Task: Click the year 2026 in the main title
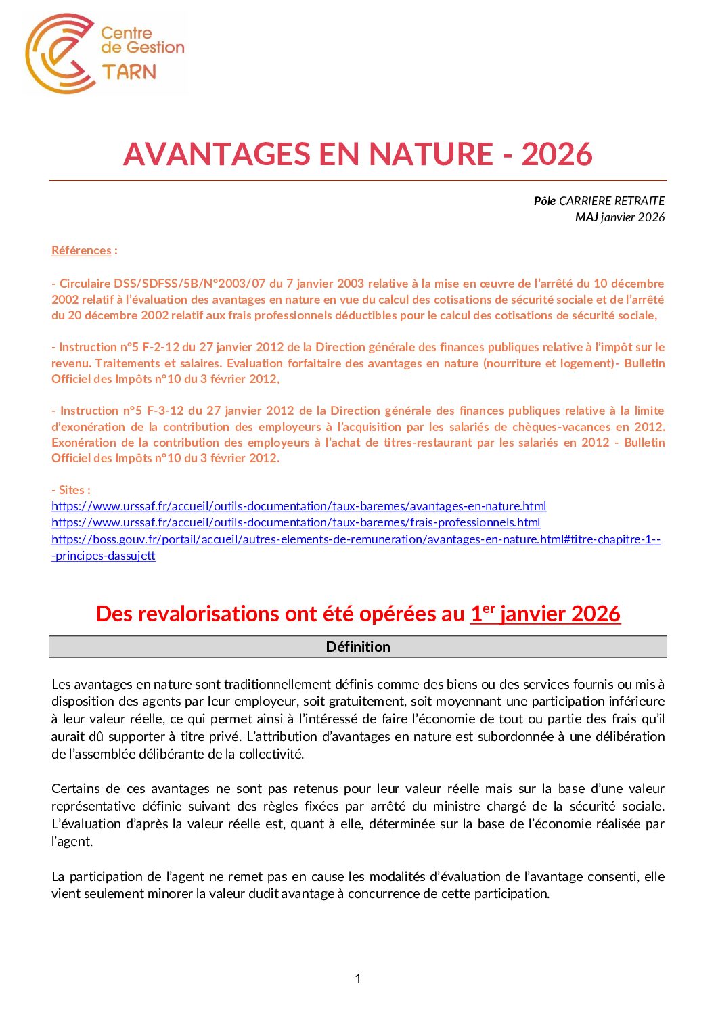(557, 154)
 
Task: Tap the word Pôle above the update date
(544, 201)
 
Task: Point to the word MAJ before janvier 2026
(586, 217)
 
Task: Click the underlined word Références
(81, 250)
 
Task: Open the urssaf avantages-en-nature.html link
(298, 506)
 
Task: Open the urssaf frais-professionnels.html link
(296, 522)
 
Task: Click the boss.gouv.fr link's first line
(355, 539)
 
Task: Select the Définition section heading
(358, 647)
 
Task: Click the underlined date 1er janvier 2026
(545, 614)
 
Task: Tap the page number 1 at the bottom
(358, 978)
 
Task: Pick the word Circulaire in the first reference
(85, 284)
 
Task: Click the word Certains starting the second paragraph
(76, 789)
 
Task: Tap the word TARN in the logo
(129, 72)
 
